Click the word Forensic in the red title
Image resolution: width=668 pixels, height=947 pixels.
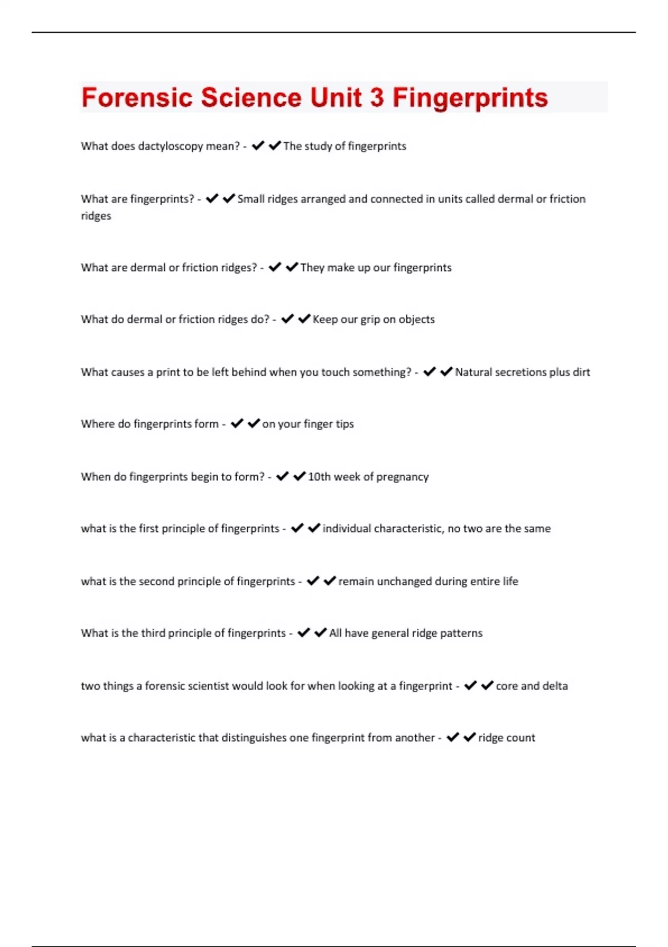tap(136, 97)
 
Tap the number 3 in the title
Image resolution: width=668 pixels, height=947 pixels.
tap(376, 97)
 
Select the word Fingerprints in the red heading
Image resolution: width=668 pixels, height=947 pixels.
tap(470, 97)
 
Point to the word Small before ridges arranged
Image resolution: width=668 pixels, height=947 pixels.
tap(250, 199)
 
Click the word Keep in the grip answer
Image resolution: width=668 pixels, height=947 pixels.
tap(325, 319)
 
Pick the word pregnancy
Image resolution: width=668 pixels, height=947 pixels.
tap(402, 477)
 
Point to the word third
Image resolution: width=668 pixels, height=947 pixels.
tap(153, 633)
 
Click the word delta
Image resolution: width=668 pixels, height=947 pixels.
tap(555, 686)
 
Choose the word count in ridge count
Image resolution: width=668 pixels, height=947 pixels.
tap(520, 738)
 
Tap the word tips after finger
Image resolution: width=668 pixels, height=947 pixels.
tap(345, 424)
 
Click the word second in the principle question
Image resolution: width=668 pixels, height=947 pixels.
tap(156, 582)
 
